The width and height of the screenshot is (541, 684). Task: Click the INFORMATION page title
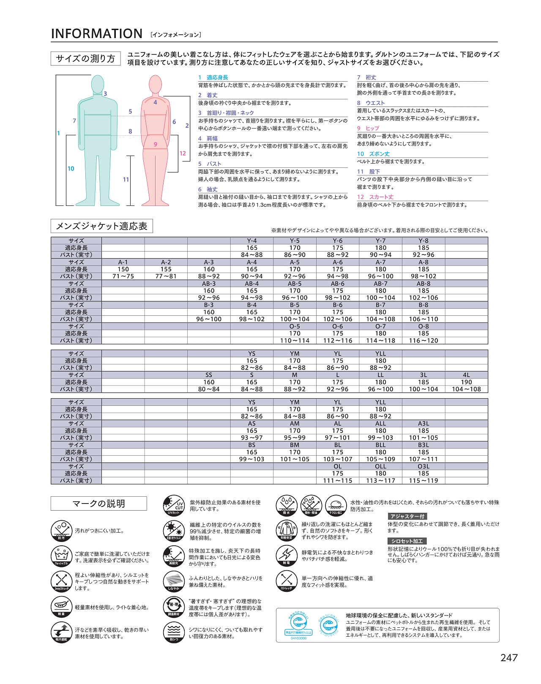[x=96, y=34]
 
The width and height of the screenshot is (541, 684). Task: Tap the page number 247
[x=509, y=658]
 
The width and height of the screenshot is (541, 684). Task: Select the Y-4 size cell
[x=252, y=241]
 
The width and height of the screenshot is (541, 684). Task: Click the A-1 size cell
[x=123, y=262]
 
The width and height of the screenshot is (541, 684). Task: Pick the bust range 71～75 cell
[x=123, y=276]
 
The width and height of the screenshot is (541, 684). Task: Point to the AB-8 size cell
[x=424, y=284]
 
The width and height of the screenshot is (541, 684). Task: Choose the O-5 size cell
[x=295, y=326]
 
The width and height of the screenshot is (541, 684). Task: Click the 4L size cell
[x=466, y=375]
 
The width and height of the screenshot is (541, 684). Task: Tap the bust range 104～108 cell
[x=466, y=389]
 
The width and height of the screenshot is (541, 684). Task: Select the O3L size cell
[x=424, y=466]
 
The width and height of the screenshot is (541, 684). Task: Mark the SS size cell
[x=209, y=375]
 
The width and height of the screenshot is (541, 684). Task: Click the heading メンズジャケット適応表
[x=101, y=226]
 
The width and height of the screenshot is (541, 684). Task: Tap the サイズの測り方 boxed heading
[x=85, y=59]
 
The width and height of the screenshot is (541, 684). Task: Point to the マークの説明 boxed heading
[x=98, y=503]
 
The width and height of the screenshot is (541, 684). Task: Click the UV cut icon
[x=174, y=505]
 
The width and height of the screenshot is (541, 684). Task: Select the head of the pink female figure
[x=156, y=84]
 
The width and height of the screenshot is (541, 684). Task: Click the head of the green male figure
[x=98, y=84]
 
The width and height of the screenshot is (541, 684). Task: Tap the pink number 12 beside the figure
[x=183, y=153]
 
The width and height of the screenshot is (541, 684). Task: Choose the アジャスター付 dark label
[x=407, y=516]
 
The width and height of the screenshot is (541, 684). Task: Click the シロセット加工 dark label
[x=407, y=541]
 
